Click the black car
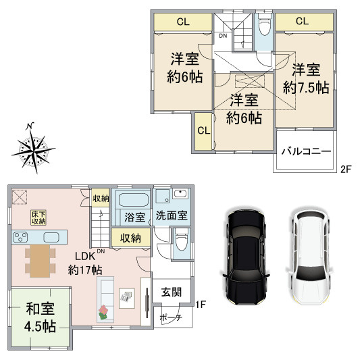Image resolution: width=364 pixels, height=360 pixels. pyautogui.click(x=246, y=257)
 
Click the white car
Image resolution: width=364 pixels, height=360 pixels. pyautogui.click(x=309, y=257)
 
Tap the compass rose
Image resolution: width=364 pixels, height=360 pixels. pyautogui.click(x=34, y=148)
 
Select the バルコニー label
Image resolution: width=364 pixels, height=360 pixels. pyautogui.click(x=306, y=152)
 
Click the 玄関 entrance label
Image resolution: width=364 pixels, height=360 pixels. pyautogui.click(x=172, y=292)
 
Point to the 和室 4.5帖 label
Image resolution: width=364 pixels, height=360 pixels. pyautogui.click(x=40, y=317)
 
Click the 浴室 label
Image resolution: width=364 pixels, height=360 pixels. pyautogui.click(x=135, y=217)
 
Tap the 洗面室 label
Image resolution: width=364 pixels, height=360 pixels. pyautogui.click(x=172, y=215)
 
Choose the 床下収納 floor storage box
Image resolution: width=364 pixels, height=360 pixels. pyautogui.click(x=38, y=217)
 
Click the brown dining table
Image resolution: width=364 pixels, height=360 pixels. pyautogui.click(x=40, y=261)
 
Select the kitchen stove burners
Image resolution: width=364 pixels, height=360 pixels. pyautogui.click(x=20, y=238)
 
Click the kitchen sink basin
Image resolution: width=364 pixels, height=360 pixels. pyautogui.click(x=51, y=237)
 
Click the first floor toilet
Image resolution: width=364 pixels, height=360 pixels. pyautogui.click(x=182, y=240)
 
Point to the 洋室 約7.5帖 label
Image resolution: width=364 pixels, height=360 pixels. pyautogui.click(x=306, y=79)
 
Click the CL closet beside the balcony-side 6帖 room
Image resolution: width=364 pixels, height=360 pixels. pyautogui.click(x=203, y=131)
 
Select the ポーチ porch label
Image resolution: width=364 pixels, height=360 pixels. pyautogui.click(x=172, y=317)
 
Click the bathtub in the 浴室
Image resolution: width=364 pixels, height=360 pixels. pyautogui.click(x=134, y=200)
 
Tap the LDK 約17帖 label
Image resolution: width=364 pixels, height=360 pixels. pyautogui.click(x=85, y=263)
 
